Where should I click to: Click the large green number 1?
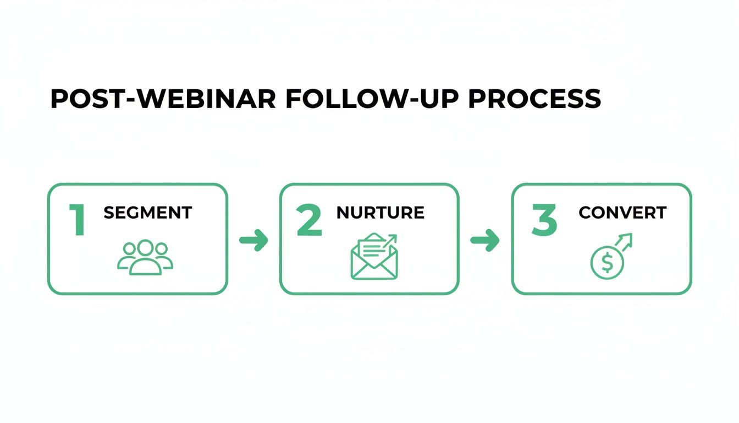[78, 221]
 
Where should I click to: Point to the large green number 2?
[310, 221]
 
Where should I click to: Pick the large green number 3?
[544, 221]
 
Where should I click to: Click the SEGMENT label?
[147, 213]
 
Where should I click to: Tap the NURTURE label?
[380, 213]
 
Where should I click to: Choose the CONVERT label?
[622, 213]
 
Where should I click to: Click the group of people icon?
[145, 257]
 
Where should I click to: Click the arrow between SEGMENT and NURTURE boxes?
[253, 240]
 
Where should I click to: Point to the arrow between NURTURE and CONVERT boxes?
[486, 240]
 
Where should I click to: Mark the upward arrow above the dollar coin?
[625, 241]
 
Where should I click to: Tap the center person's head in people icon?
[145, 248]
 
